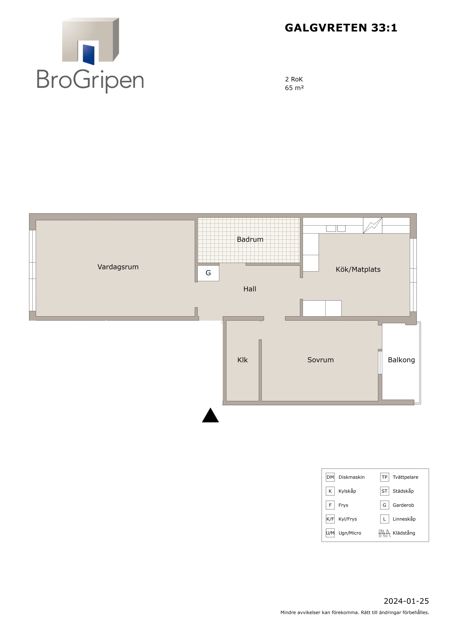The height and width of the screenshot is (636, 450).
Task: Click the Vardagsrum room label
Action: click(118, 267)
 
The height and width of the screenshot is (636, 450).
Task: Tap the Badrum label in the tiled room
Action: click(250, 239)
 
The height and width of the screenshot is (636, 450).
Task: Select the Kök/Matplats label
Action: click(358, 270)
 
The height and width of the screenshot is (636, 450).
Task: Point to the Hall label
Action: click(250, 289)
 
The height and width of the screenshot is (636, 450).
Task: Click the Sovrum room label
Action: click(320, 360)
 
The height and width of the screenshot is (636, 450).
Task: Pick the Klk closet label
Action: click(242, 360)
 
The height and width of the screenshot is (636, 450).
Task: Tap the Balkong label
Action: click(401, 360)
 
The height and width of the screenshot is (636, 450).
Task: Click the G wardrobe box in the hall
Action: click(208, 273)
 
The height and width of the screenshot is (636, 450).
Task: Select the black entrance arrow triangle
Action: click(210, 415)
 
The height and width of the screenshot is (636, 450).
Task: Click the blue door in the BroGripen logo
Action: click(89, 55)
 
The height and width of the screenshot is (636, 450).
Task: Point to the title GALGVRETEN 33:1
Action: click(341, 28)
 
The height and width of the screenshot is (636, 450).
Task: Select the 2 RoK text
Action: click(294, 79)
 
